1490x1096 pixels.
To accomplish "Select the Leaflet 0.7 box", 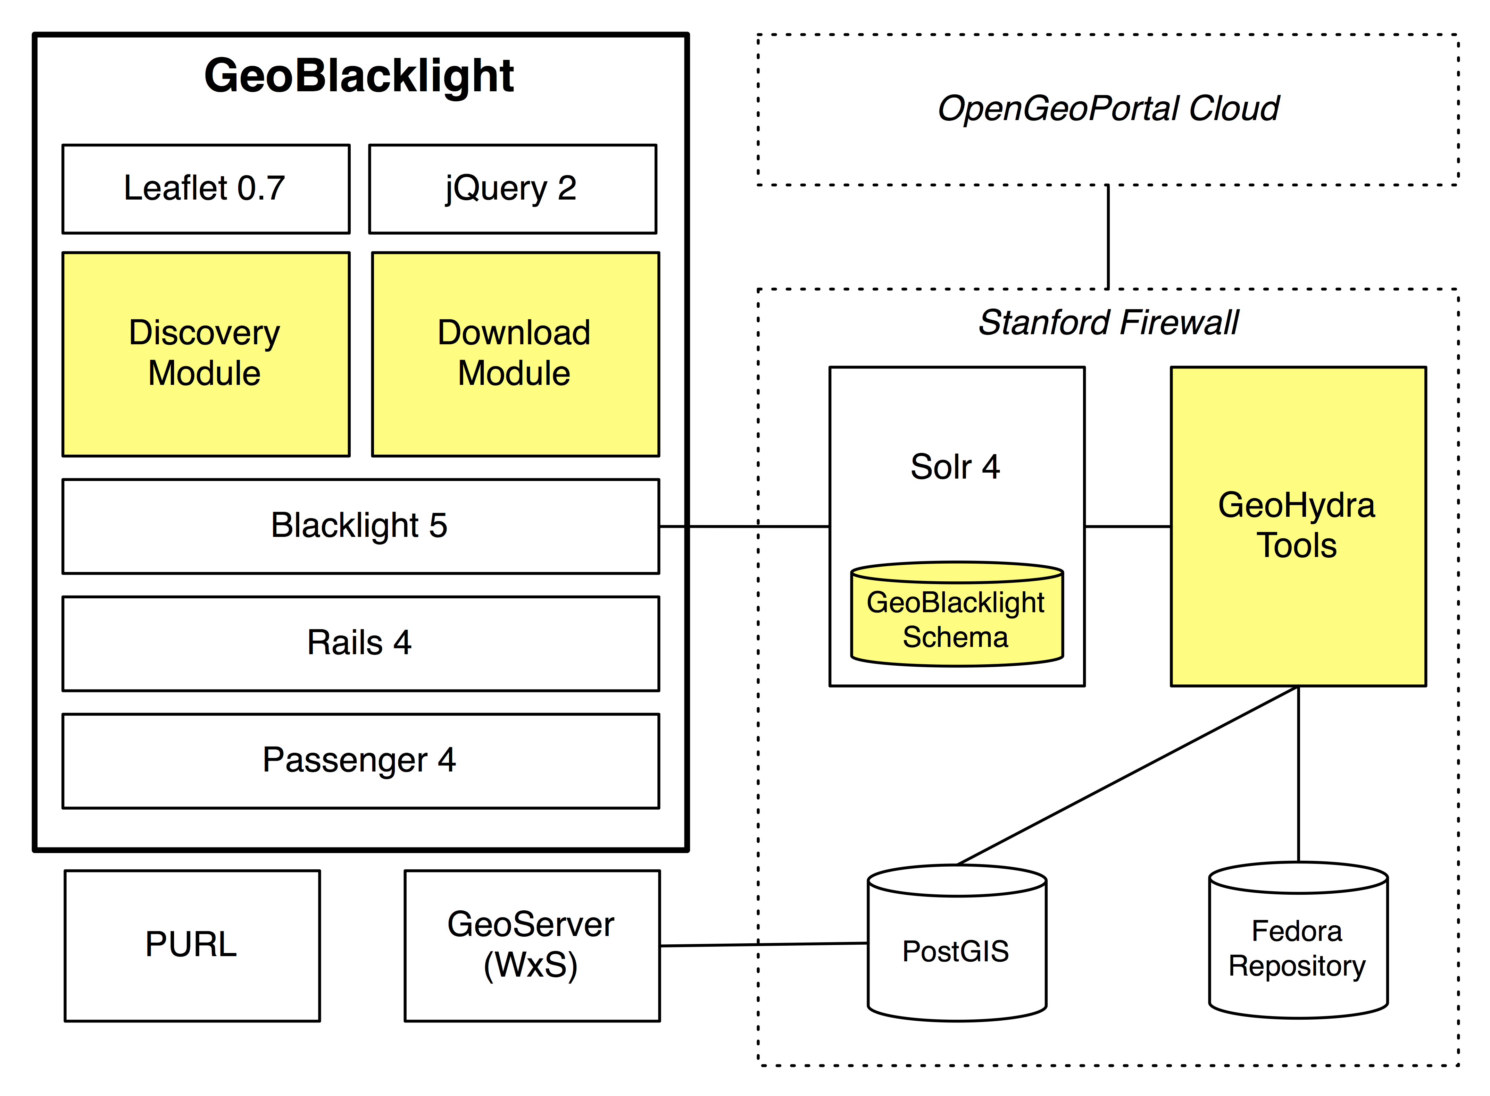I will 206,189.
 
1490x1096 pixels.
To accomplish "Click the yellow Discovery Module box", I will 206,354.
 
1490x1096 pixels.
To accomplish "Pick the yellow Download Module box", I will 515,354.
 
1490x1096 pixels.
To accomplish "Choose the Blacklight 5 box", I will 360,526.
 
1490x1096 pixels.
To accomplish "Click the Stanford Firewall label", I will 1108,323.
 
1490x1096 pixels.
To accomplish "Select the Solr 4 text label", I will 955,467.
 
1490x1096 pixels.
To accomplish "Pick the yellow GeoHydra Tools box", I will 1298,526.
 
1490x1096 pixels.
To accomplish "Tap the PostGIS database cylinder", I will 956,950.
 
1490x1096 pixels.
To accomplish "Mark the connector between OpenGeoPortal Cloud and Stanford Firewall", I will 1108,237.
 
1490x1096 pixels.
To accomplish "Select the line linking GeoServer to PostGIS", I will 763,944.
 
